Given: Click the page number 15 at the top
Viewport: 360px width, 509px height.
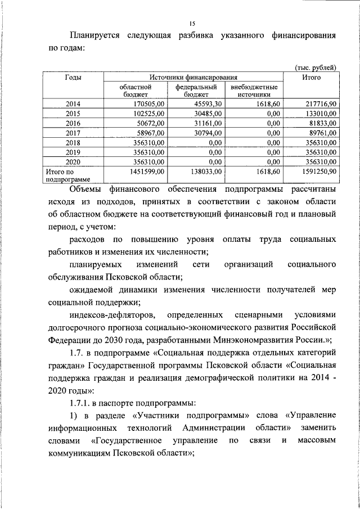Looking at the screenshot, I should pos(192,22).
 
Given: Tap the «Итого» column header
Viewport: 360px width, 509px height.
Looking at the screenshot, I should pos(311,77).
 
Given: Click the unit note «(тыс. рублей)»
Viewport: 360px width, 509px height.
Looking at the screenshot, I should pos(315,67).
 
